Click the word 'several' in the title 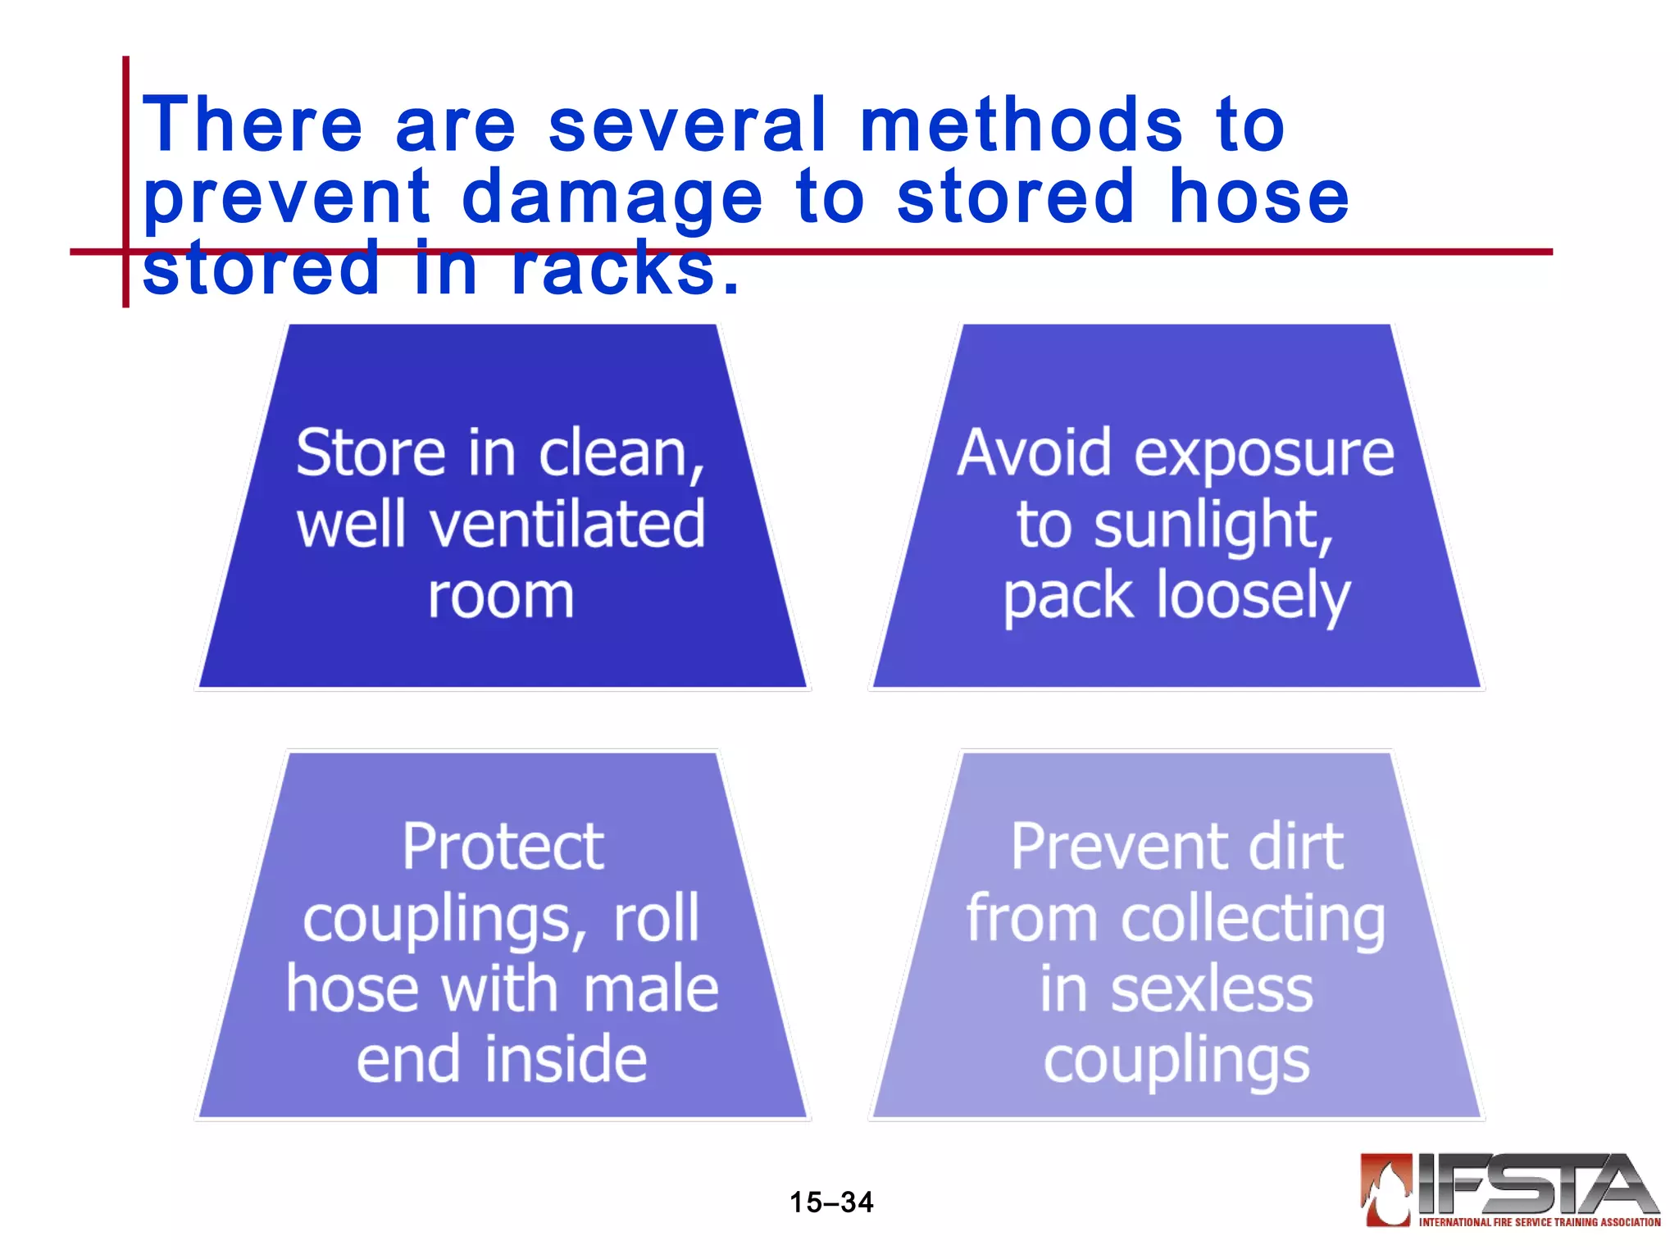click(x=687, y=125)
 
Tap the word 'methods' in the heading click(x=1022, y=125)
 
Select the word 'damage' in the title click(x=612, y=198)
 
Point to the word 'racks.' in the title click(x=625, y=269)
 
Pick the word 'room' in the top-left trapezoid click(x=501, y=596)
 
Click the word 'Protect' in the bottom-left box click(x=503, y=847)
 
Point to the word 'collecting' click(x=1253, y=919)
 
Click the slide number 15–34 click(x=831, y=1202)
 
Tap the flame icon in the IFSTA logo click(x=1386, y=1190)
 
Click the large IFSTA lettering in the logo click(x=1533, y=1184)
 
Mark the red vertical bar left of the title click(x=125, y=181)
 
